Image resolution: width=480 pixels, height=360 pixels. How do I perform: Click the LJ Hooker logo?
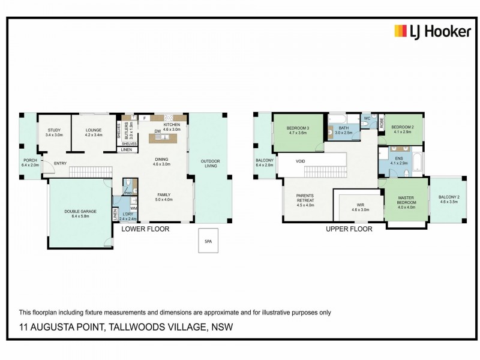coord(432,32)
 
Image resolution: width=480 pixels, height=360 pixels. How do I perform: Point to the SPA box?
coord(208,242)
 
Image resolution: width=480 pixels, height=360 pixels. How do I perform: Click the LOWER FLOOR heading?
coord(145,229)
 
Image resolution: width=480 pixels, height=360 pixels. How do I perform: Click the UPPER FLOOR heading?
coord(349,229)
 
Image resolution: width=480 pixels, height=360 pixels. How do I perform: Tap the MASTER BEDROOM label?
coord(407,200)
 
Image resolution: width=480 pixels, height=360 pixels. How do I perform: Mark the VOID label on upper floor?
coord(301,161)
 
